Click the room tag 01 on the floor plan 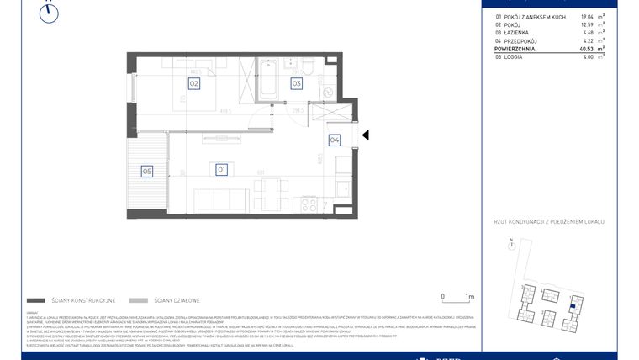tap(222, 169)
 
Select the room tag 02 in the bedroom tap(193, 83)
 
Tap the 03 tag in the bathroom tap(297, 83)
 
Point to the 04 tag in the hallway tap(334, 140)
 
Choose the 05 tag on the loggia tap(147, 172)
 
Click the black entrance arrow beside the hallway tap(365, 135)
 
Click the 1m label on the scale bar tap(469, 297)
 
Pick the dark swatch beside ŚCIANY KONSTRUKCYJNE tap(35, 300)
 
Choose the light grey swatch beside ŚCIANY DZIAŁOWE tap(140, 300)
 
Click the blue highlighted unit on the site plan tap(573, 304)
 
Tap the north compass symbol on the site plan tap(509, 243)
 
